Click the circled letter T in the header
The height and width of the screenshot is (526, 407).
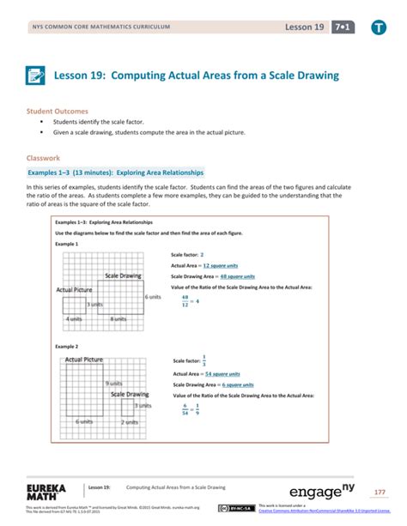(377, 28)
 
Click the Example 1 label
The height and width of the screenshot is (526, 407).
(67, 245)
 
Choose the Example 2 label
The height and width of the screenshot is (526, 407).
(67, 346)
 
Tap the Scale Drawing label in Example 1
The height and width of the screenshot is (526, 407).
(124, 275)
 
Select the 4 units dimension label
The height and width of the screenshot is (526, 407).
(74, 319)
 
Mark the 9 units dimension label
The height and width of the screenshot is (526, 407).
(112, 383)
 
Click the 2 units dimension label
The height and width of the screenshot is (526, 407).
(129, 421)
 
